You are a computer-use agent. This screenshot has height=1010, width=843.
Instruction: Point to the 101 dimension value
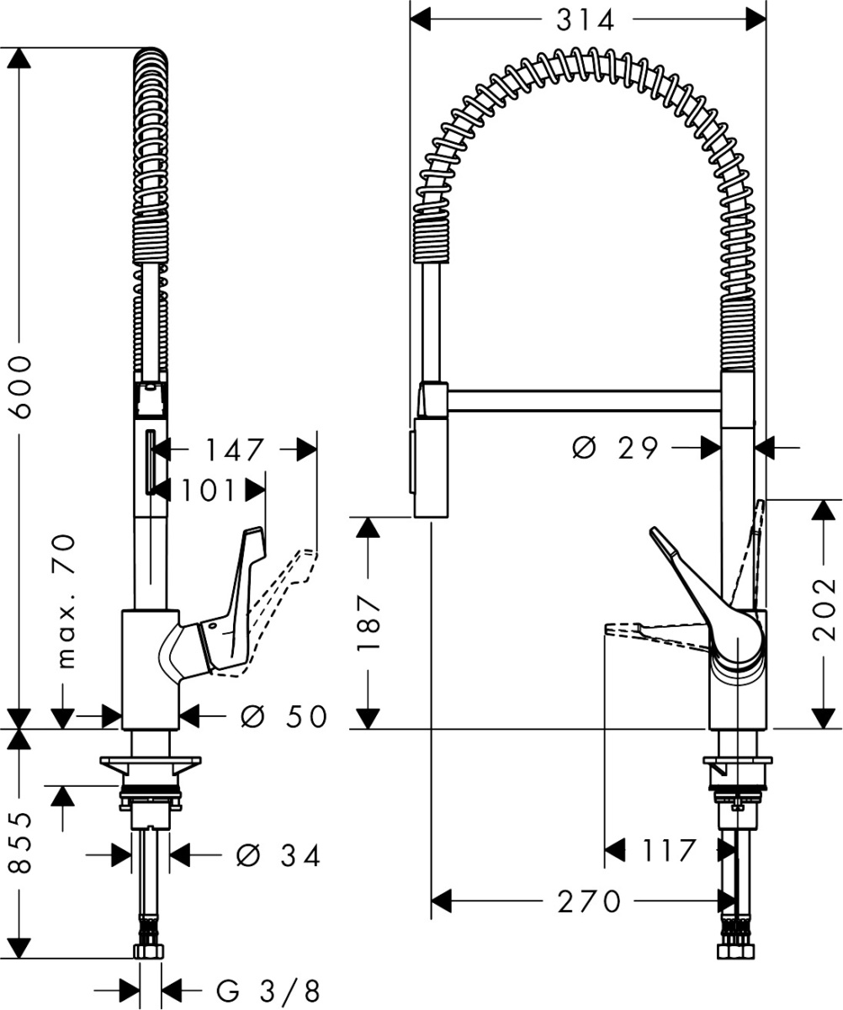click(x=207, y=490)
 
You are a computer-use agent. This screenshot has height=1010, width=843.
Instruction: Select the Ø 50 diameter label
click(x=283, y=717)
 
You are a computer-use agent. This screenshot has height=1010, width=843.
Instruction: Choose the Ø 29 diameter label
click(x=616, y=449)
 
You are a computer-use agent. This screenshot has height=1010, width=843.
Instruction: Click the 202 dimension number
click(x=825, y=608)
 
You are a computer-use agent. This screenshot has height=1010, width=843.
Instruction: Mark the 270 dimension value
click(x=588, y=901)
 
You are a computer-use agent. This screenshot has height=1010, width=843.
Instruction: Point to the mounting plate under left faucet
click(x=151, y=764)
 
